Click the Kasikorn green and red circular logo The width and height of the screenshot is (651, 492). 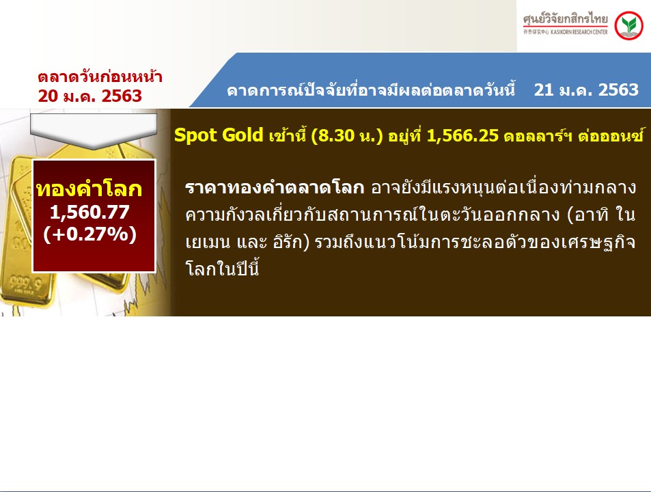pyautogui.click(x=628, y=26)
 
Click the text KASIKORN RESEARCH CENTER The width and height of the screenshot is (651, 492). pyautogui.click(x=579, y=32)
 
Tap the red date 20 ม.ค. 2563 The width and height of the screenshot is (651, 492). pyautogui.click(x=90, y=96)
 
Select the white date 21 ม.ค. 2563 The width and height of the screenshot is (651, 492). pyautogui.click(x=586, y=90)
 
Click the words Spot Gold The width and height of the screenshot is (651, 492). pyautogui.click(x=219, y=135)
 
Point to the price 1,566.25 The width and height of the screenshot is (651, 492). pyautogui.click(x=462, y=136)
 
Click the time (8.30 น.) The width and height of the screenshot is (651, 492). pyautogui.click(x=346, y=136)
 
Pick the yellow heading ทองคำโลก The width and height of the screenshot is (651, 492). pyautogui.click(x=89, y=189)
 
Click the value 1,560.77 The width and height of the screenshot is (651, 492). pyautogui.click(x=89, y=212)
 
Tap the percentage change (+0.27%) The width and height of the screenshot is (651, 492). pyautogui.click(x=89, y=234)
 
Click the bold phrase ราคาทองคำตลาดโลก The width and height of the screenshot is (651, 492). pyautogui.click(x=275, y=188)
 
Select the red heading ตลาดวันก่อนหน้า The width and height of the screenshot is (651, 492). pyautogui.click(x=100, y=77)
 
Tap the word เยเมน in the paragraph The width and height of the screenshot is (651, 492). pyautogui.click(x=208, y=243)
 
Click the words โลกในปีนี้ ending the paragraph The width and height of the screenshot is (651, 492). pyautogui.click(x=222, y=269)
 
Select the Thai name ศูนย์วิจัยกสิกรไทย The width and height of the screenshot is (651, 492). pyautogui.click(x=565, y=20)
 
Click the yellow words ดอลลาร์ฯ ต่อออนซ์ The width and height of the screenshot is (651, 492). pyautogui.click(x=574, y=136)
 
